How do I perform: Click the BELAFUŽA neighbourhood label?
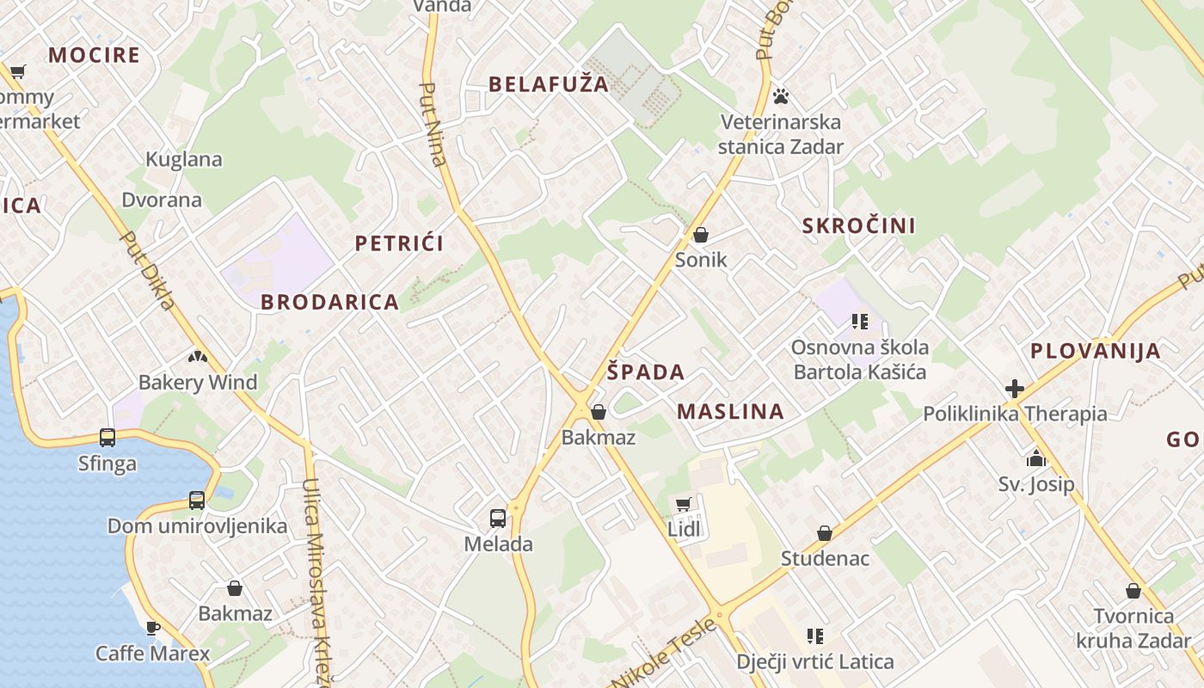coord(549,83)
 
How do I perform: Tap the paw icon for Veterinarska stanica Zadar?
coord(781,95)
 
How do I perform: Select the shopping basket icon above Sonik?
coord(701,235)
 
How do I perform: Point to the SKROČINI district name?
coord(858,225)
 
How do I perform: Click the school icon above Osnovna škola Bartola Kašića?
coord(860,322)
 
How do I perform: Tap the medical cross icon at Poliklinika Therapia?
coord(1015,388)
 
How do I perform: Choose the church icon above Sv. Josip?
coord(1035,458)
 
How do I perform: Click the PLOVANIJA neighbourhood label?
coord(1096,351)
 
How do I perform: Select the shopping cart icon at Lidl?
coord(684,504)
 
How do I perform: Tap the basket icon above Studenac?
coord(825,533)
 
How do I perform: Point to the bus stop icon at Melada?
coord(498,518)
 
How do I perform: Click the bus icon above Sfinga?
coord(107,438)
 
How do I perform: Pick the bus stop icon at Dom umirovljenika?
coord(197,501)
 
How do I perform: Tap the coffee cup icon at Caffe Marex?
coord(152,628)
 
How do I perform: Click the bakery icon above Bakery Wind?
coord(198,356)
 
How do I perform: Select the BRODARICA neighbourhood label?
coord(329,302)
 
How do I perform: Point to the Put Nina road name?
coord(433,124)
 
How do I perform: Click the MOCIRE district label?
coord(94,55)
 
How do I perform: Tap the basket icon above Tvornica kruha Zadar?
coord(1133,591)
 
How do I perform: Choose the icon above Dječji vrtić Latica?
coord(815,636)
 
